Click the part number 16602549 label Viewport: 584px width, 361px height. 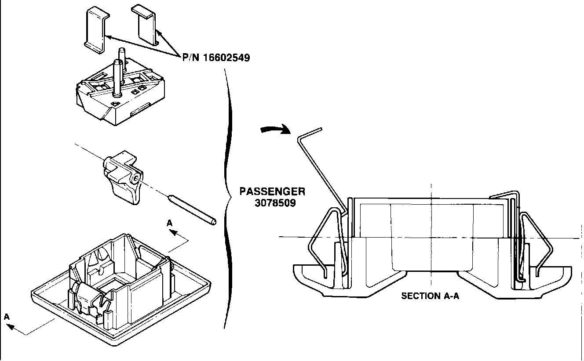pos(216,58)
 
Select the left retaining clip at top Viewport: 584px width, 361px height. pos(95,29)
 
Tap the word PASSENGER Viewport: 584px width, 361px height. pos(272,192)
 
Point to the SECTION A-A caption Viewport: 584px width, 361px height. pos(430,296)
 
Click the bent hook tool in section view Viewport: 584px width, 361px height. pos(321,165)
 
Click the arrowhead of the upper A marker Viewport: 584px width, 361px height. pos(173,232)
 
